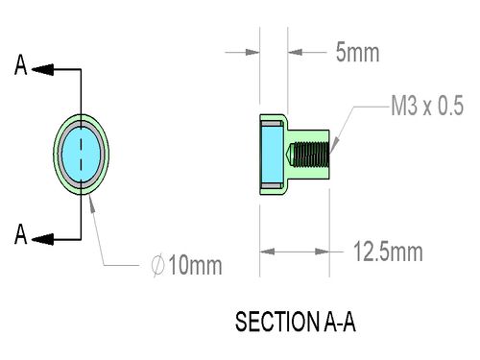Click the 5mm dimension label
pyautogui.click(x=357, y=52)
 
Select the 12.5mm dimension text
pyautogui.click(x=388, y=252)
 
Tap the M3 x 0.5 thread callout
pyautogui.click(x=427, y=106)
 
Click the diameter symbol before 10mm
pyautogui.click(x=157, y=265)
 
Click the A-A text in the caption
pyautogui.click(x=340, y=322)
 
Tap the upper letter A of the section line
pyautogui.click(x=21, y=65)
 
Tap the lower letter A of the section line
pyautogui.click(x=21, y=234)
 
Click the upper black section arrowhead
pyautogui.click(x=42, y=69)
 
